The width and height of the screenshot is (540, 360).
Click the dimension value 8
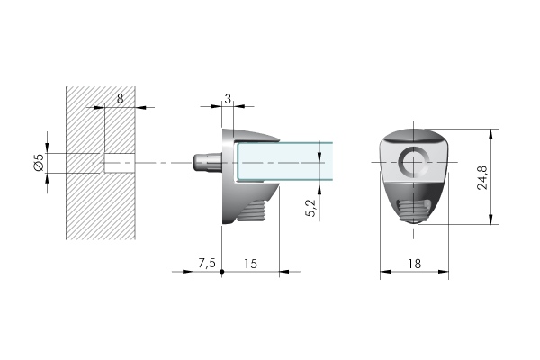pos(120,99)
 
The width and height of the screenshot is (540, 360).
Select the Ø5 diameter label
pos(40,162)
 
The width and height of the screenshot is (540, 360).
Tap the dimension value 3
pos(228,99)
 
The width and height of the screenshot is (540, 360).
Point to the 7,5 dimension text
pos(207,263)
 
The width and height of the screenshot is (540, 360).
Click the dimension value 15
pos(250,264)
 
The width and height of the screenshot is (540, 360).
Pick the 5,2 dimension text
pos(310,209)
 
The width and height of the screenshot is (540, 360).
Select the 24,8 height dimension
pos(482,178)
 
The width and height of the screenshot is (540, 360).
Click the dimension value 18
pos(415,264)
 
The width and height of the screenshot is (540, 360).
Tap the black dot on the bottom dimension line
pos(222,272)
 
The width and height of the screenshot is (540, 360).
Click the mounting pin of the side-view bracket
pos(207,163)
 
